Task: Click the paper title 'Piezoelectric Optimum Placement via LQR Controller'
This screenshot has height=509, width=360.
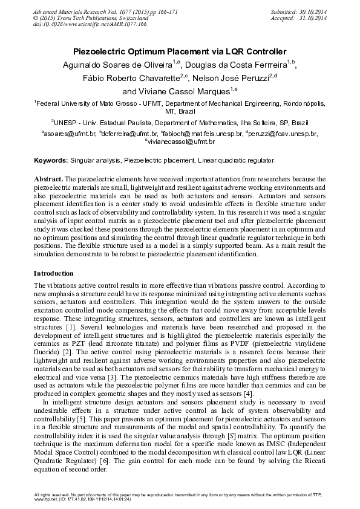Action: pyautogui.click(x=180, y=52)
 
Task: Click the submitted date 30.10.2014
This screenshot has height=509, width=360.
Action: pyautogui.click(x=309, y=11)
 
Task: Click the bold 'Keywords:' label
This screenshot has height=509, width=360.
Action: pyautogui.click(x=50, y=161)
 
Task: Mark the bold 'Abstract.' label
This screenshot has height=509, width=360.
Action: pyautogui.click(x=48, y=180)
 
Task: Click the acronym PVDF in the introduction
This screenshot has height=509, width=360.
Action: pyautogui.click(x=245, y=342)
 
